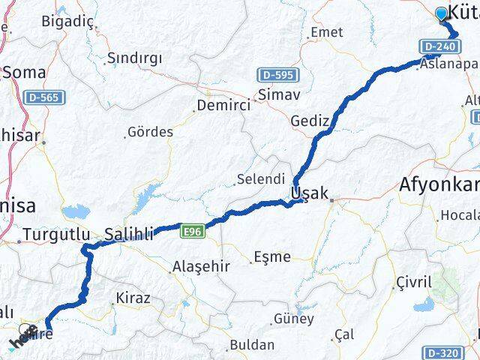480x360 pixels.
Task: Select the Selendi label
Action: pyautogui.click(x=260, y=179)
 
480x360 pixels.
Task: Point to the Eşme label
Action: pyautogui.click(x=271, y=256)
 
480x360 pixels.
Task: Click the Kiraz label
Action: pyautogui.click(x=132, y=298)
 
